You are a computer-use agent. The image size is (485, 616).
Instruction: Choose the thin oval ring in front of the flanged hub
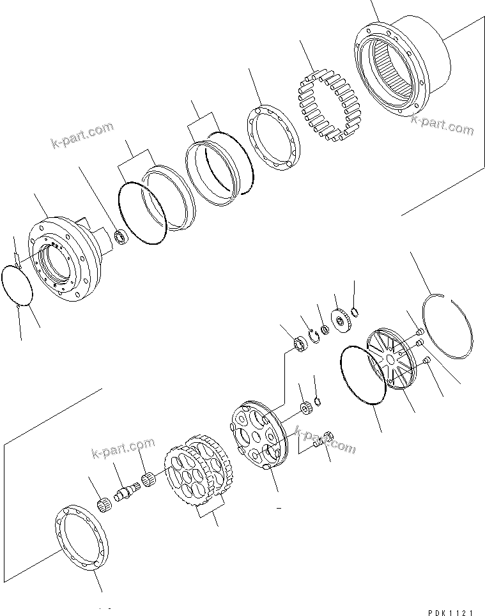[19, 286]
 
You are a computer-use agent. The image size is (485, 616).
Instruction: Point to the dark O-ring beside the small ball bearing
[141, 213]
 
